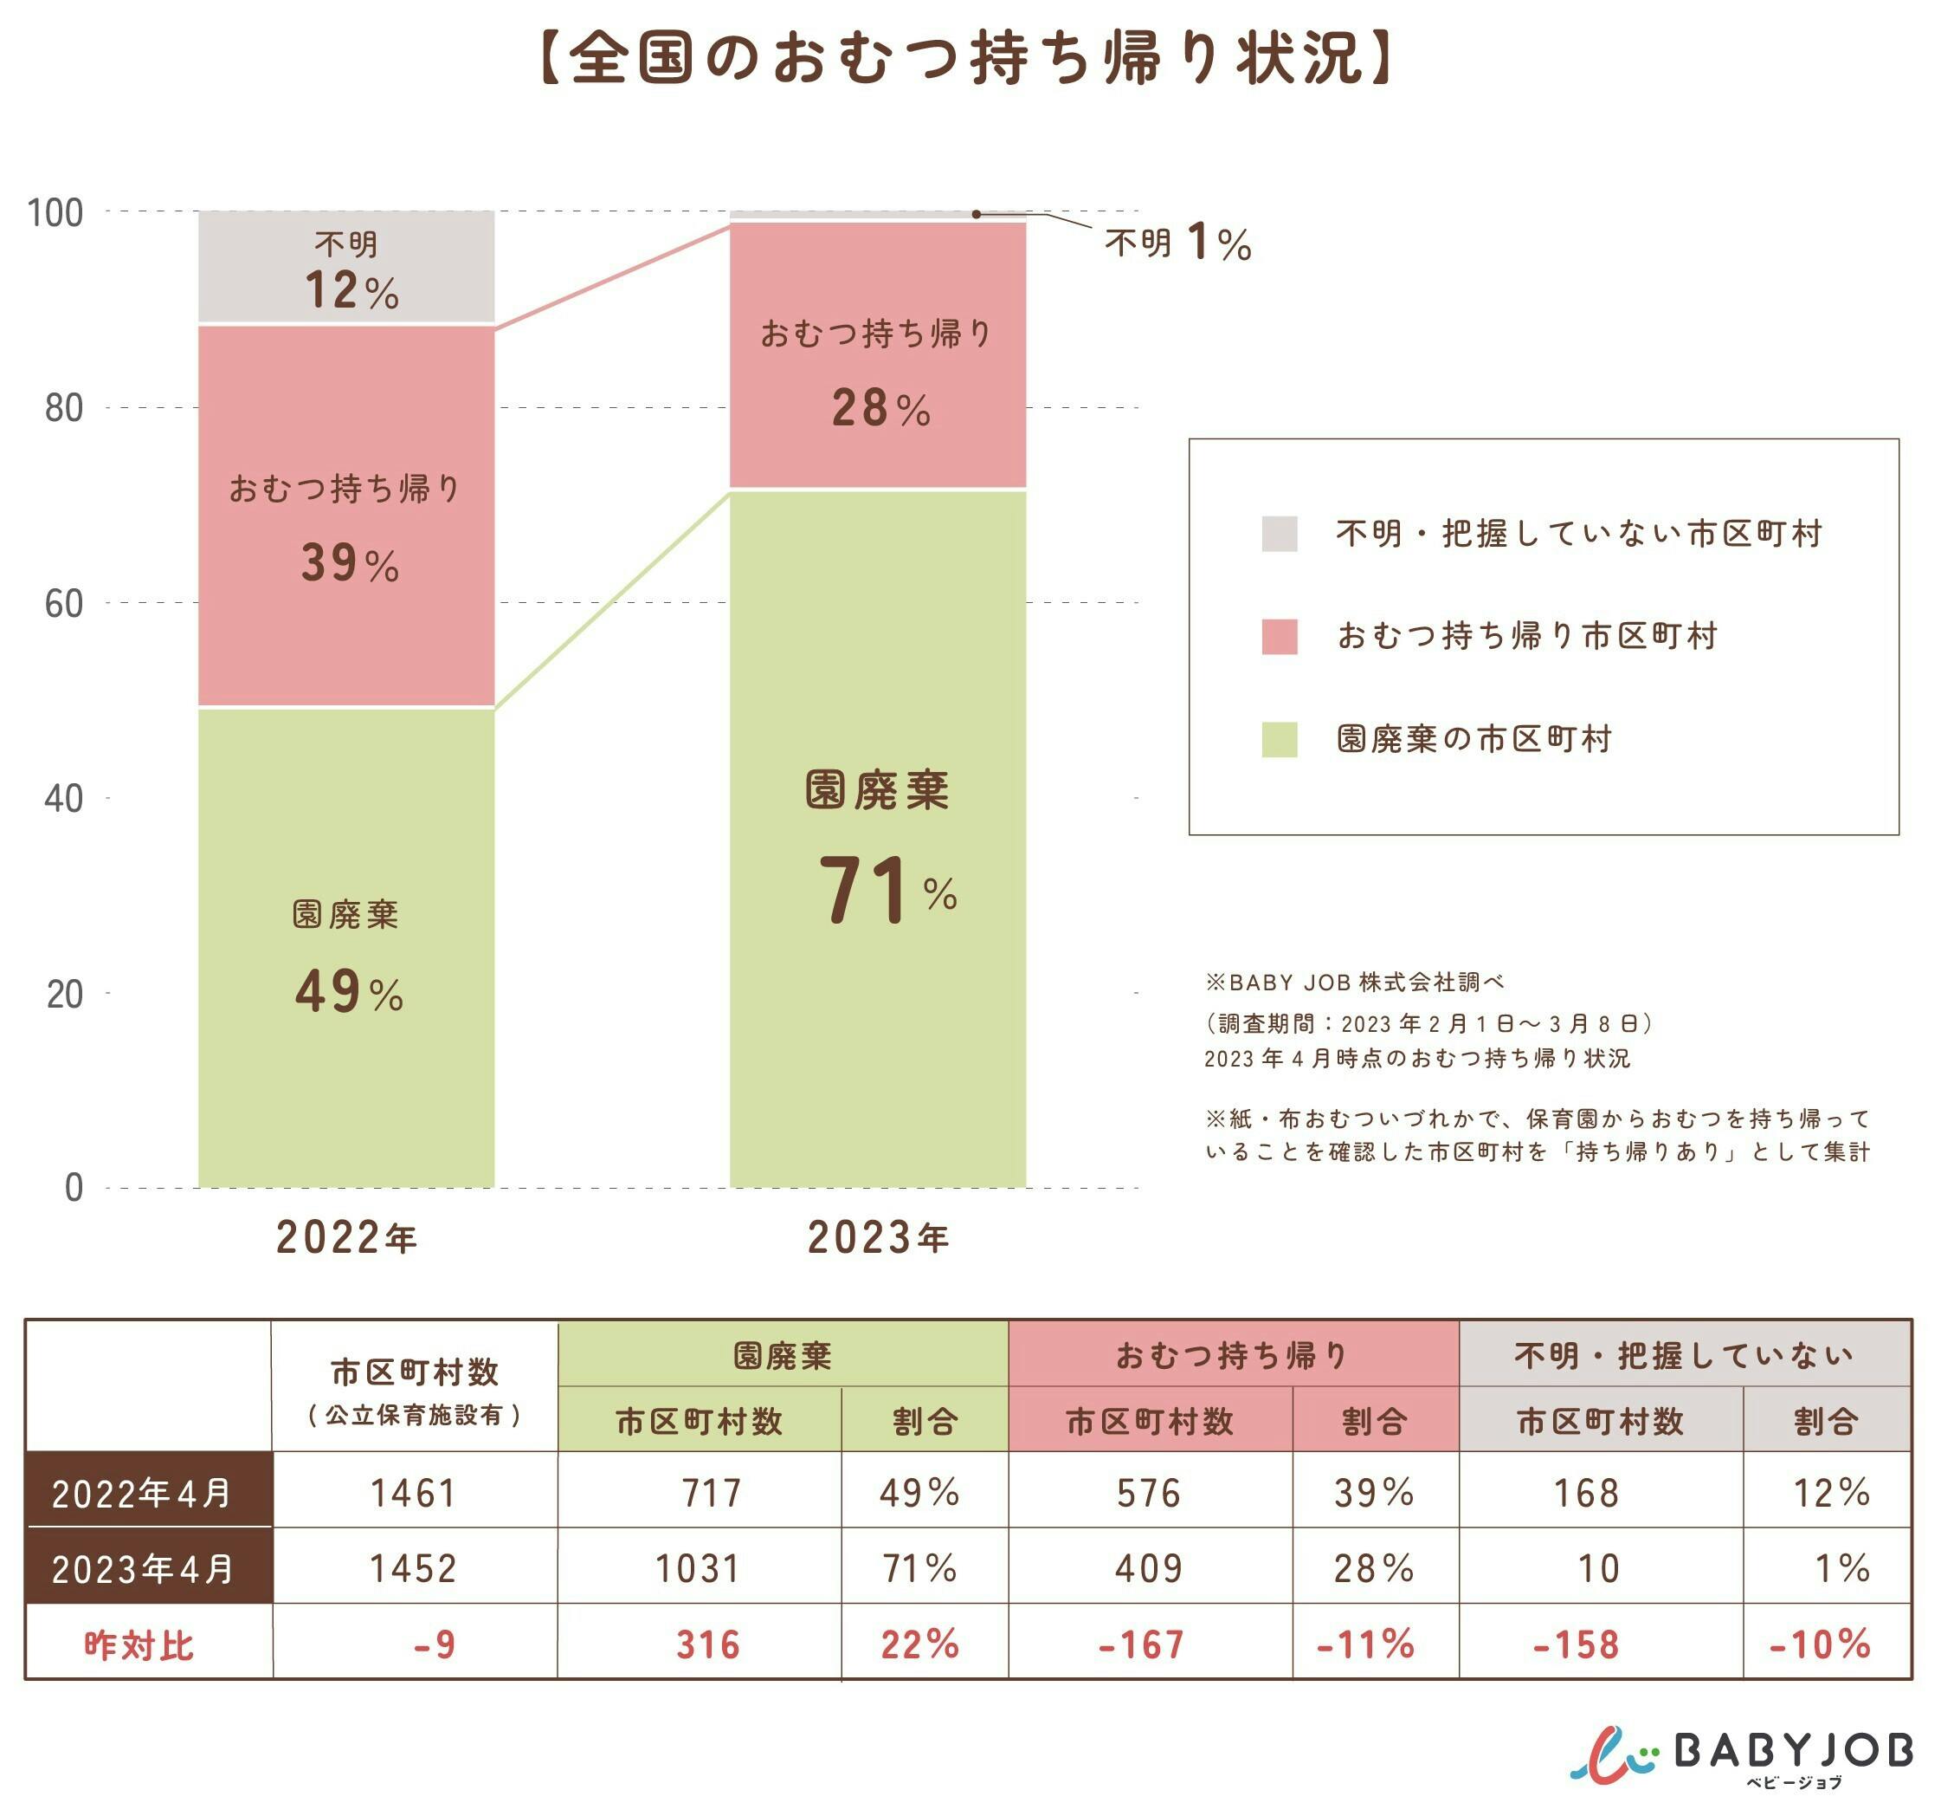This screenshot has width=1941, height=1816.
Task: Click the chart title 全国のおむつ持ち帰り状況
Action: click(966, 59)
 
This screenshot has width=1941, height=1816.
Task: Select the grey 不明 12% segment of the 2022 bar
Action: click(346, 268)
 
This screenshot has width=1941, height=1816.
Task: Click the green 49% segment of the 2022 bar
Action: click(346, 948)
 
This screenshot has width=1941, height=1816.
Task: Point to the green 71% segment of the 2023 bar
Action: click(878, 840)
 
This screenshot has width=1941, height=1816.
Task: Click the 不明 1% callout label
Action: click(1177, 243)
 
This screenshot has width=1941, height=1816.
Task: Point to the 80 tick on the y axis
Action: click(64, 408)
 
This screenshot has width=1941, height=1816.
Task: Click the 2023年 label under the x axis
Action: click(878, 1238)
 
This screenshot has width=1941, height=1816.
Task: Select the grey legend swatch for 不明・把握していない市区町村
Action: click(1279, 535)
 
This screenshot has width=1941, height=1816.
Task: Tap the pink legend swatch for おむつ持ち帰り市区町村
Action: click(1279, 637)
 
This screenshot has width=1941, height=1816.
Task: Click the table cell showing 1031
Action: click(698, 1569)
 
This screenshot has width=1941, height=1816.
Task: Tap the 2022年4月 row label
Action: click(143, 1493)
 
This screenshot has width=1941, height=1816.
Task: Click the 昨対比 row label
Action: click(139, 1645)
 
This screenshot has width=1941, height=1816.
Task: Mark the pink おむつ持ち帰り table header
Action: click(1232, 1355)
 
